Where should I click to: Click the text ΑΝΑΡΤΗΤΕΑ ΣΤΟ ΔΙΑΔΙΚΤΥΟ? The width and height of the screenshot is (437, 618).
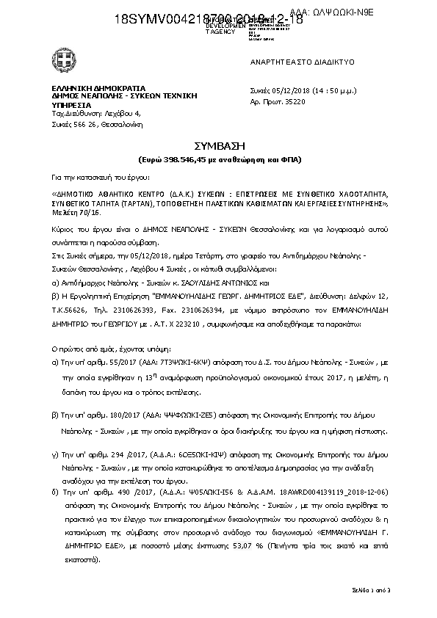[292, 62]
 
